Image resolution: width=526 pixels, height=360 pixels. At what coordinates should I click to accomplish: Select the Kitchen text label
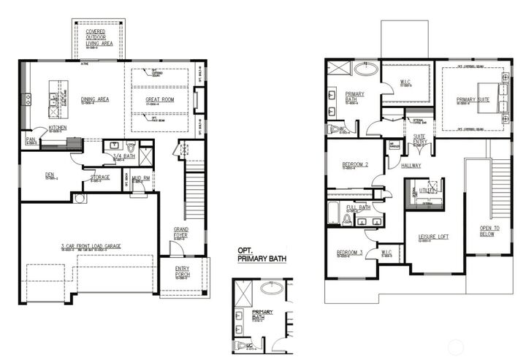point(58,128)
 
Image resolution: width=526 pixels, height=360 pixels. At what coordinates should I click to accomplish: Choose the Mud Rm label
point(142,177)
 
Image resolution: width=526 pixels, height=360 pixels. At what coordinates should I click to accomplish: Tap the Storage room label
point(100,177)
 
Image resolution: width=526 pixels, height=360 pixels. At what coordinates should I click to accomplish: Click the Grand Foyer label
point(180,232)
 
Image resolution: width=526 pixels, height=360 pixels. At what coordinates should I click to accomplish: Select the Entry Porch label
point(183,272)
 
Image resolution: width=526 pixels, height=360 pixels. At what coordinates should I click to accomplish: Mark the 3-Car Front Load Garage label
point(91,247)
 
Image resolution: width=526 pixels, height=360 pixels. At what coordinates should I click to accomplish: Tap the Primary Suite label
point(473,101)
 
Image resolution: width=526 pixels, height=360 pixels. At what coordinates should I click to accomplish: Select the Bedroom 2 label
point(355,165)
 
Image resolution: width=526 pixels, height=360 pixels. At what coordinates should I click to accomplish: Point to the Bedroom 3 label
point(350,252)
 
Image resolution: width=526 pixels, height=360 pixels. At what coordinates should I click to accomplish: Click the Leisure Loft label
point(432,237)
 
